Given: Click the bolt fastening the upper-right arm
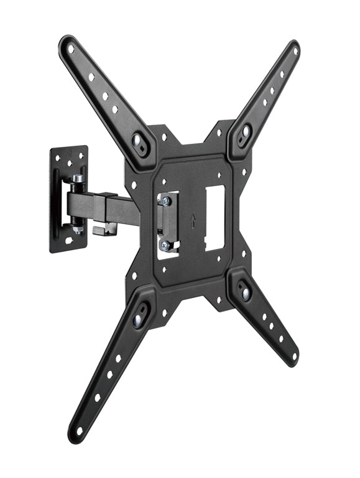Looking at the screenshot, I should click(246, 132).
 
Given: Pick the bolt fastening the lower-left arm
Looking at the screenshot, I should click(138, 321).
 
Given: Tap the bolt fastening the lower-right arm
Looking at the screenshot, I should click(246, 293).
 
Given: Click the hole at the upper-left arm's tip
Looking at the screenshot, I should click(70, 49).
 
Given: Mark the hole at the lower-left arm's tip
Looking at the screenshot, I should click(79, 429).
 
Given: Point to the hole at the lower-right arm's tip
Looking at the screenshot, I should click(293, 357).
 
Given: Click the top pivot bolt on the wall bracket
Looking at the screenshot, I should click(76, 180).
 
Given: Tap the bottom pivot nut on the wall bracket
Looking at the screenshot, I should click(77, 229).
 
